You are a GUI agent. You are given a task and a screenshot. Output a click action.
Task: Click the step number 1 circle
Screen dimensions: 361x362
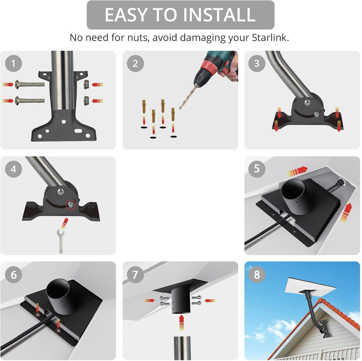pos(13,64)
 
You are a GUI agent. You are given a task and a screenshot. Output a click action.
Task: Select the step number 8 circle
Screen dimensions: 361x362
pos(257,275)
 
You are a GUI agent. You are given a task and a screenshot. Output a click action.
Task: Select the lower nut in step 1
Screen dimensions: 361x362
pos(86,100)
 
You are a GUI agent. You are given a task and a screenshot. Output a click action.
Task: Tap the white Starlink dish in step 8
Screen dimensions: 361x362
pos(311,289)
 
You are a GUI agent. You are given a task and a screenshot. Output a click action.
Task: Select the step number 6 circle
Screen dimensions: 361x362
pos(13,275)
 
